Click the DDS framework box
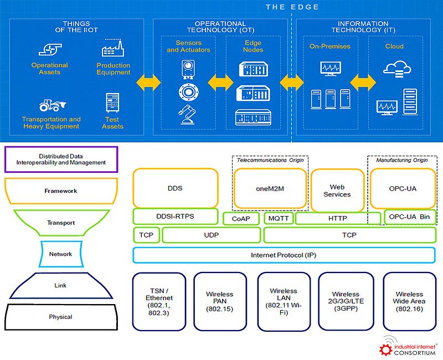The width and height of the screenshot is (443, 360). (x=175, y=188)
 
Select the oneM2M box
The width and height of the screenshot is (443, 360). (x=270, y=188)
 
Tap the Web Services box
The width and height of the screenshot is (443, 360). (x=337, y=191)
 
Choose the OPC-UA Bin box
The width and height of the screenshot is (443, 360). (x=410, y=217)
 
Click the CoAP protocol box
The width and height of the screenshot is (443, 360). (x=241, y=219)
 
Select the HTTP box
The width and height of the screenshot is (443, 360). (x=338, y=218)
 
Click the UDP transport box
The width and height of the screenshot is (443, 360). (x=211, y=235)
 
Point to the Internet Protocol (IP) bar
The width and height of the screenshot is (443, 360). (x=284, y=255)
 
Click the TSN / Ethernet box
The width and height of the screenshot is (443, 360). (x=159, y=301)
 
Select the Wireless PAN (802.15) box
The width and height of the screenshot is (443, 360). (x=219, y=301)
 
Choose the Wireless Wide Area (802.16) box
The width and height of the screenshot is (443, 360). (x=410, y=301)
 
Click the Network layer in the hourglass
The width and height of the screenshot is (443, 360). (x=60, y=254)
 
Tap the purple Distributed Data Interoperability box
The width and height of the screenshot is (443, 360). (x=61, y=159)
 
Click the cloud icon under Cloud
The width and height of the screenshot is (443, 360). (x=396, y=69)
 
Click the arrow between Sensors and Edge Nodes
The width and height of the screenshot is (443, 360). (x=221, y=83)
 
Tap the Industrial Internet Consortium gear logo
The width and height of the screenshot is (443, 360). (x=386, y=348)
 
